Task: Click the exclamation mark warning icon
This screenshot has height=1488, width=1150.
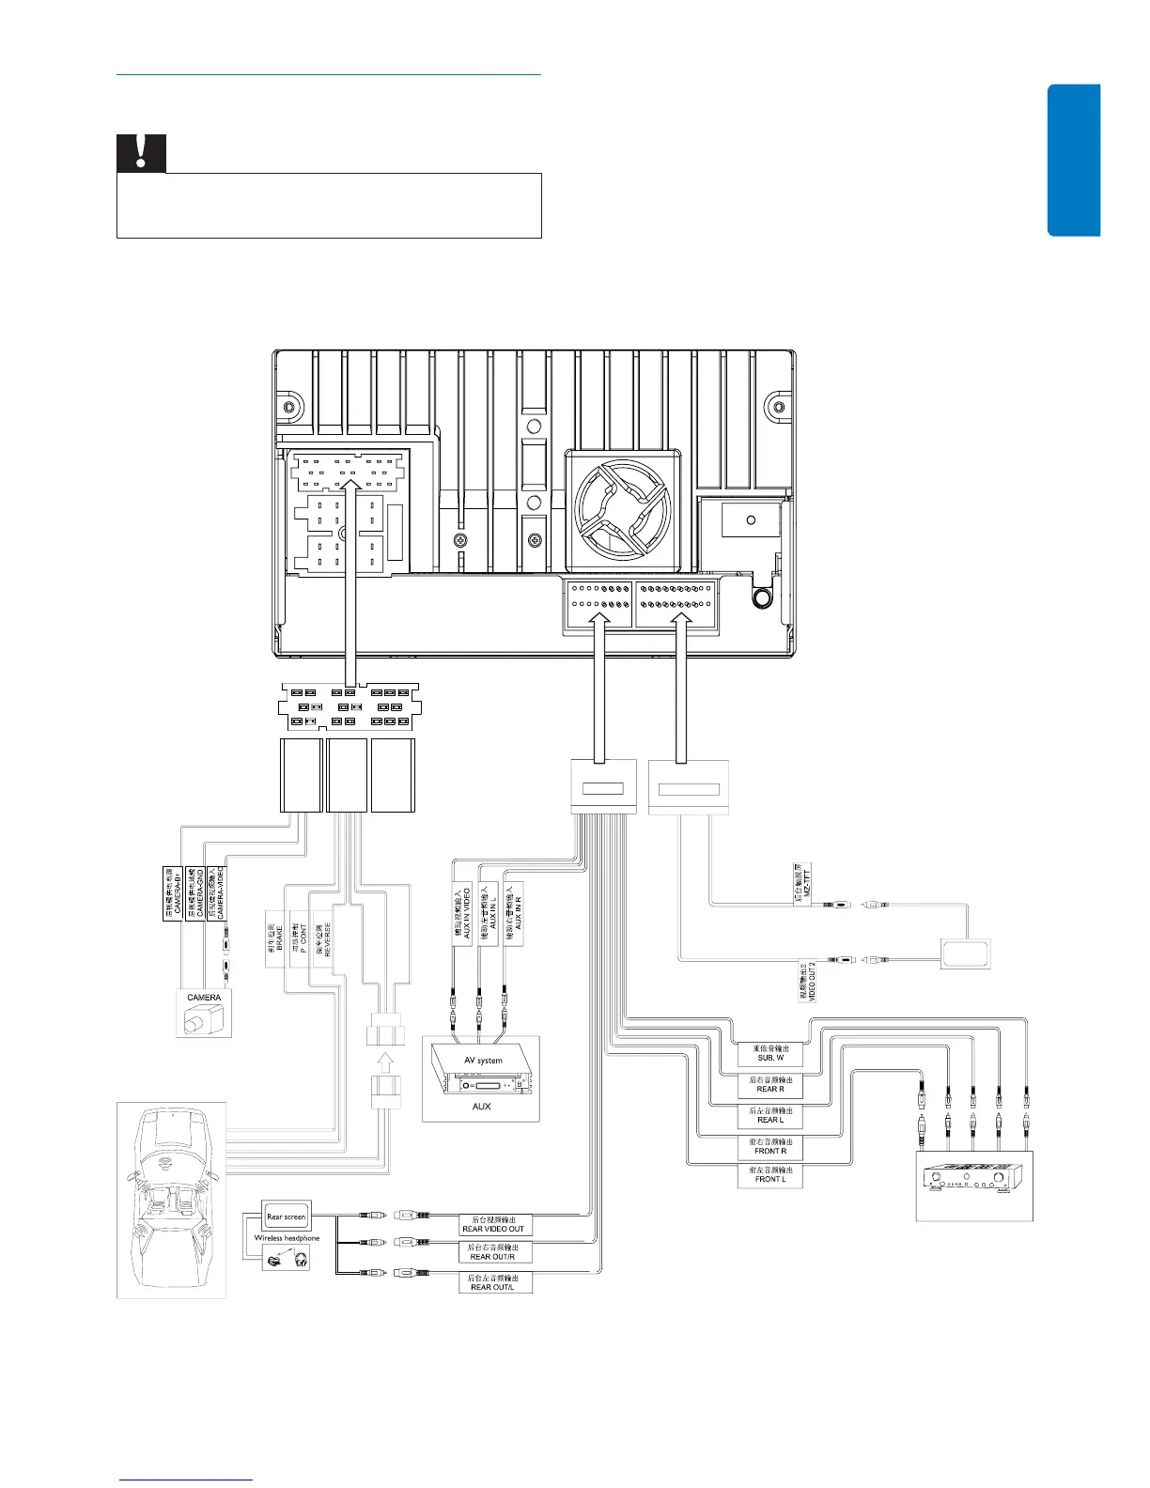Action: pyautogui.click(x=141, y=152)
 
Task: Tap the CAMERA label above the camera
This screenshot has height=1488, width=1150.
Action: pyautogui.click(x=204, y=998)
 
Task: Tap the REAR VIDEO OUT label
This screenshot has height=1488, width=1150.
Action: pyautogui.click(x=493, y=1224)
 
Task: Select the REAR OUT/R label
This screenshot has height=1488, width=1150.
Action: pyautogui.click(x=493, y=1252)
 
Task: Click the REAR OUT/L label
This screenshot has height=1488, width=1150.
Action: pyautogui.click(x=493, y=1282)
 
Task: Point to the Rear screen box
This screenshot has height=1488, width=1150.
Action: pyautogui.click(x=286, y=1217)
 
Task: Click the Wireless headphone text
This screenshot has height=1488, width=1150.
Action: pyautogui.click(x=287, y=1238)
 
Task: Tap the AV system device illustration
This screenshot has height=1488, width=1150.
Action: pyautogui.click(x=483, y=1071)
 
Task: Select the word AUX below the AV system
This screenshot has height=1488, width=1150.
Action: pyautogui.click(x=481, y=1107)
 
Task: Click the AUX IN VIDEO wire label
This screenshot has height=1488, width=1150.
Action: pyautogui.click(x=462, y=913)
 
